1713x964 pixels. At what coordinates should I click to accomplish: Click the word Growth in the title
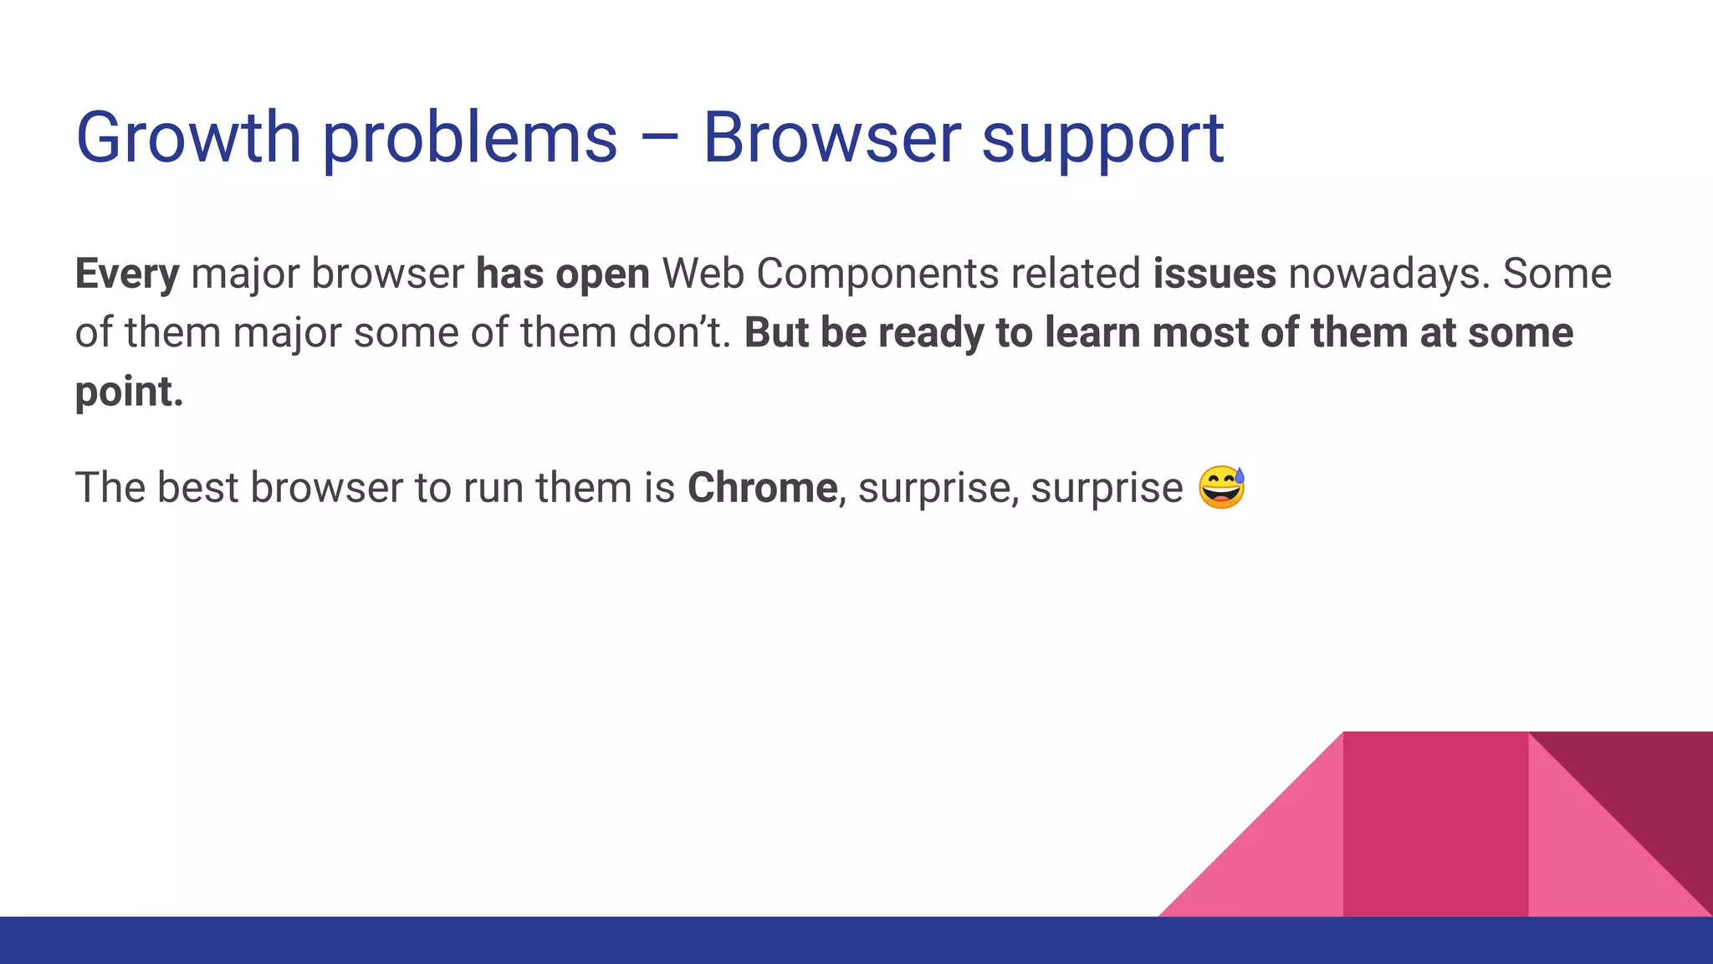[x=188, y=137]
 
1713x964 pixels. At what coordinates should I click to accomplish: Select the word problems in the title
[x=470, y=139]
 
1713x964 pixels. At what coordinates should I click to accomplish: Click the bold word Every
[x=127, y=274]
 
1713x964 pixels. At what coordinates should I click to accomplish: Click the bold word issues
[x=1214, y=273]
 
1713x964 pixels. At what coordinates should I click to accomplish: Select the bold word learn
[x=1093, y=332]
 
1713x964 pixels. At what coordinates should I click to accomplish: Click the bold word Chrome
[x=762, y=487]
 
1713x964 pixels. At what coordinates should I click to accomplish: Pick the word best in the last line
[x=197, y=487]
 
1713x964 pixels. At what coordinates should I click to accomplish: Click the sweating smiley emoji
[x=1221, y=488]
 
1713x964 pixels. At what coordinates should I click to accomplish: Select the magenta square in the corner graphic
[x=1435, y=824]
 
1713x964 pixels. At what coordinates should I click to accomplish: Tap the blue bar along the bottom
[x=856, y=941]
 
